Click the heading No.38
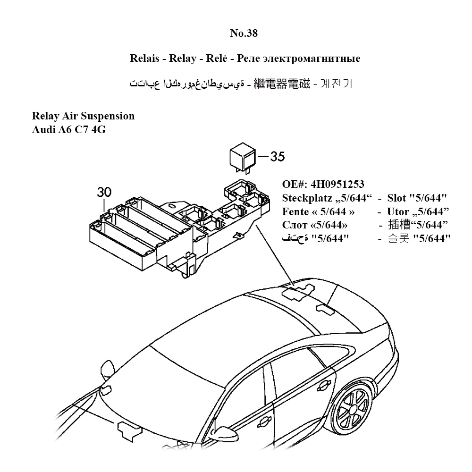(244, 33)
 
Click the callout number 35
(278, 156)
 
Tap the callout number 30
(104, 192)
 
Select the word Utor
(398, 211)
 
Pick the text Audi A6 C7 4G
(68, 129)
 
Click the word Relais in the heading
(143, 59)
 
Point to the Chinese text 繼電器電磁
(282, 84)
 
